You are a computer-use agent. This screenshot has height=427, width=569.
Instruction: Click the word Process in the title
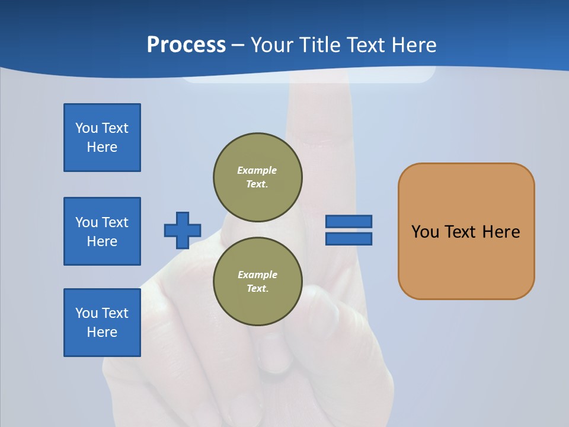point(186,45)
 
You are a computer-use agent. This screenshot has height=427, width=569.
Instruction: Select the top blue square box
point(102,138)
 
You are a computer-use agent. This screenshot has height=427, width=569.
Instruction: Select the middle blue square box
point(102,231)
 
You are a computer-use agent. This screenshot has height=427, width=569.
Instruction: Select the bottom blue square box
point(102,323)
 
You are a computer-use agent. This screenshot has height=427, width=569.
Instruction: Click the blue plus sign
point(183,230)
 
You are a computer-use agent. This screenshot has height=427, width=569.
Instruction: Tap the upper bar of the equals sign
point(349,221)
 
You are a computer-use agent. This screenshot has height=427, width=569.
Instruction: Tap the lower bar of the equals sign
point(349,238)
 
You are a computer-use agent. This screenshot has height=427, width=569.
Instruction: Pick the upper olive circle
point(258,177)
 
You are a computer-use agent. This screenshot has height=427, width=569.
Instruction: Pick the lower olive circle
point(258,281)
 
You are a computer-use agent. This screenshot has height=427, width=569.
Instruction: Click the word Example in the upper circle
point(257,170)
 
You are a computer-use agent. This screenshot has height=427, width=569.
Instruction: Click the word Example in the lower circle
point(257,275)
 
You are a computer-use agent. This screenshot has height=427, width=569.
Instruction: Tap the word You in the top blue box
point(87,128)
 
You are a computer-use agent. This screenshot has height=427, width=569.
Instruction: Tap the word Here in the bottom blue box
point(102,332)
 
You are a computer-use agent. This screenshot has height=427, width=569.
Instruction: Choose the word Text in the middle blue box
point(115,222)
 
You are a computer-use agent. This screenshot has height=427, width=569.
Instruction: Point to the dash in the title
point(238,45)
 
